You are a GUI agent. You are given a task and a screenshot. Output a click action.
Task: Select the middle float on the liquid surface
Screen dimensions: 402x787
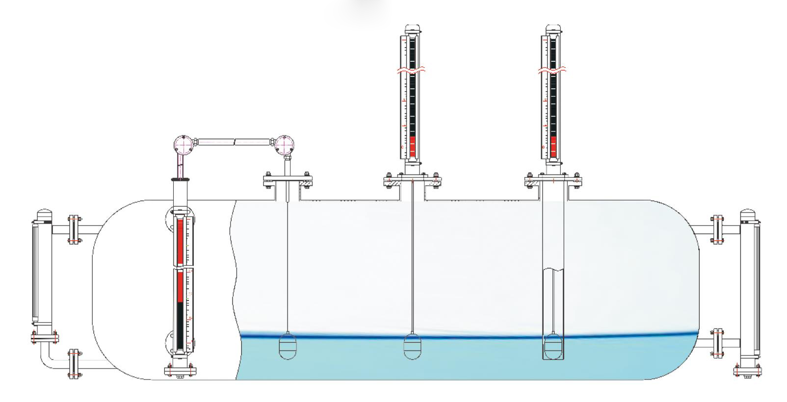pos(412,346)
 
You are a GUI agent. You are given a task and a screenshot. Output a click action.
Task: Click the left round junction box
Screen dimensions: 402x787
pos(184,146)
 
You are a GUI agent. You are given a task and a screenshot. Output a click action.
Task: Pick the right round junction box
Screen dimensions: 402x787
pos(284,145)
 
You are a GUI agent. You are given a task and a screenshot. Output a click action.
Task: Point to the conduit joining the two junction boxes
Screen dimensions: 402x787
pos(234,142)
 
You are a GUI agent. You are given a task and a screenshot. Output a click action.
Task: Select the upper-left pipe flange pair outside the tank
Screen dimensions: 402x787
pos(75,229)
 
